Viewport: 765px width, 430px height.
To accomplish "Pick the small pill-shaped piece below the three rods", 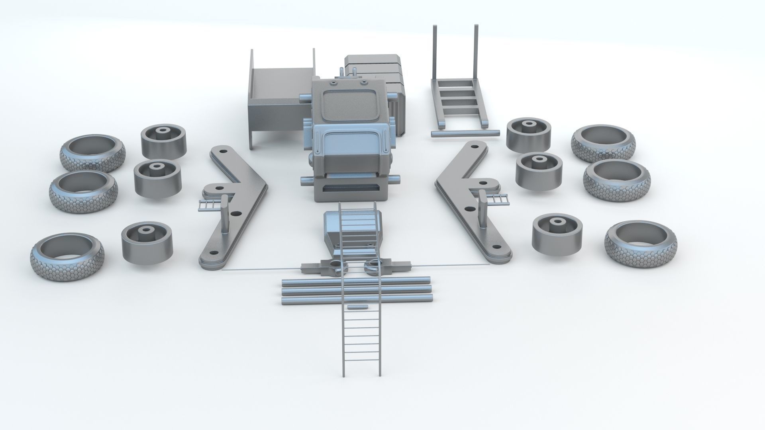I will pos(357,307).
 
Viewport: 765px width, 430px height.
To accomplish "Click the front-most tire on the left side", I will pos(67,258).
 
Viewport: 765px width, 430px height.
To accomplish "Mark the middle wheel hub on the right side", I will pos(539,171).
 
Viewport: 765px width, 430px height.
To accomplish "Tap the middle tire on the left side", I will pos(84,192).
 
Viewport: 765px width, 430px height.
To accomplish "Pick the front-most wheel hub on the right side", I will pos(556,235).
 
